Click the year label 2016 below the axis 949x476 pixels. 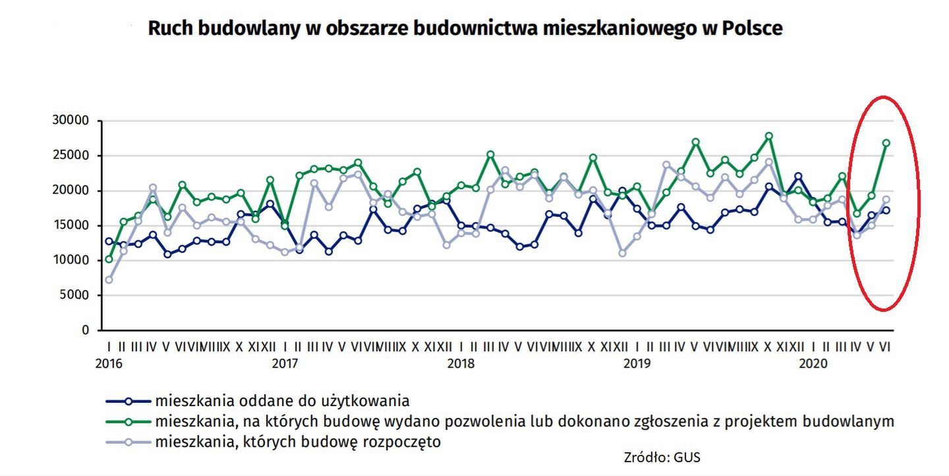point(109,363)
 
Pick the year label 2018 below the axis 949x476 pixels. point(461,363)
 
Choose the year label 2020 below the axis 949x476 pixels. point(813,363)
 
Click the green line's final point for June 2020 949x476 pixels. point(886,142)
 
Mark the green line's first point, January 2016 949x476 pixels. point(109,259)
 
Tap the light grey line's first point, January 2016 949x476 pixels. point(109,280)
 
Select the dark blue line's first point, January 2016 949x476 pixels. point(109,241)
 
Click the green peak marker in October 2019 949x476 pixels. point(768,136)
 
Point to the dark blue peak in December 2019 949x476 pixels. point(798,176)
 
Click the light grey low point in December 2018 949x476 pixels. point(622,253)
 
